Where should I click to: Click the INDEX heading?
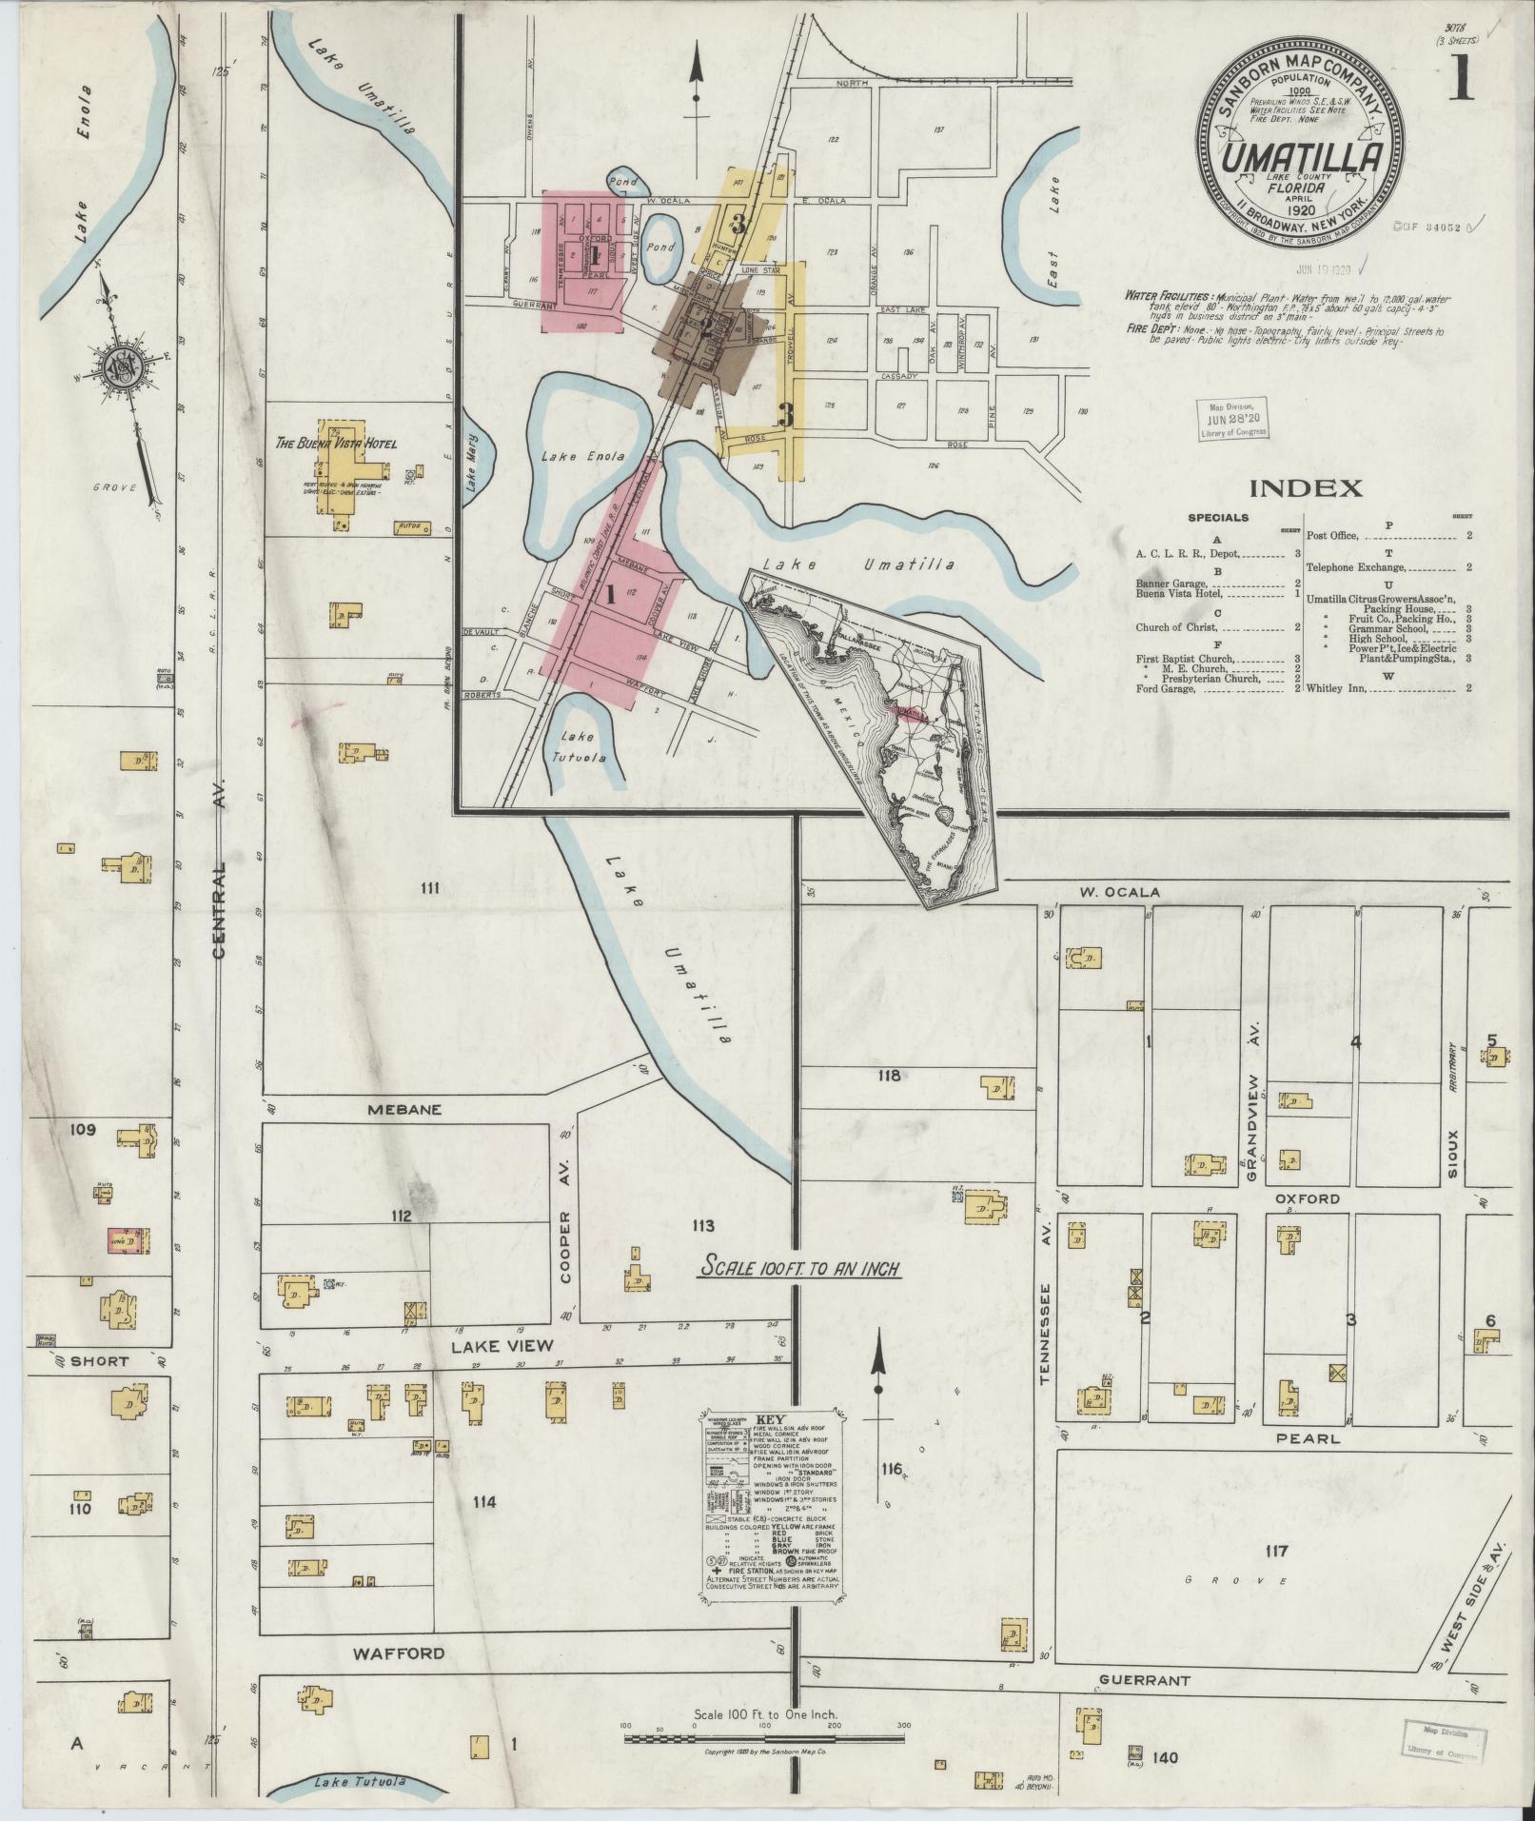pos(1305,489)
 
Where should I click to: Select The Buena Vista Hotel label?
pos(336,444)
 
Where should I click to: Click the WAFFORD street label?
pos(399,1653)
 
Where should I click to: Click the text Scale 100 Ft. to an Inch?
pos(799,1268)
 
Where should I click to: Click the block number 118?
pos(889,1076)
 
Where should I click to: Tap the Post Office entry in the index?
pos(1342,536)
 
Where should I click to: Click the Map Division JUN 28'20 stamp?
pos(1232,416)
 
